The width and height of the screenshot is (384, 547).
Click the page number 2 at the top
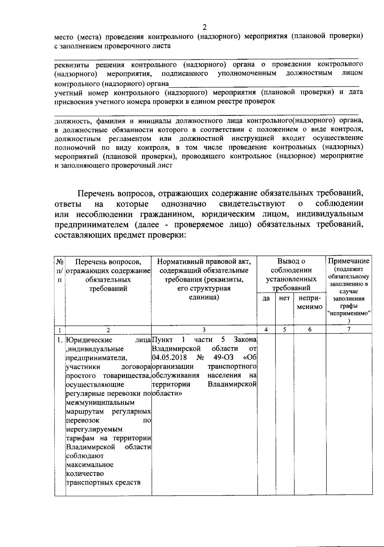coord(205,27)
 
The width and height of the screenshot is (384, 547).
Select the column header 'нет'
coord(284,298)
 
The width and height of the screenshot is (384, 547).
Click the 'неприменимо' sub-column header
coord(309,303)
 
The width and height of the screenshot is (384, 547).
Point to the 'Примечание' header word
coord(349,261)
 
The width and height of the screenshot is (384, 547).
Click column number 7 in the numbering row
coord(349,329)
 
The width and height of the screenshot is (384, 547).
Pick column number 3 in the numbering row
coord(204,329)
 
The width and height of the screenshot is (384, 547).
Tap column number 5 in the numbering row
coord(284,329)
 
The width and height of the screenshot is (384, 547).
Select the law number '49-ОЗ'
coord(223,357)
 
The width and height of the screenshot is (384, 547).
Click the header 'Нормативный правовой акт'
coord(204,262)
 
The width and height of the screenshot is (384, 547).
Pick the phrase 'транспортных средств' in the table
coord(103,482)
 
